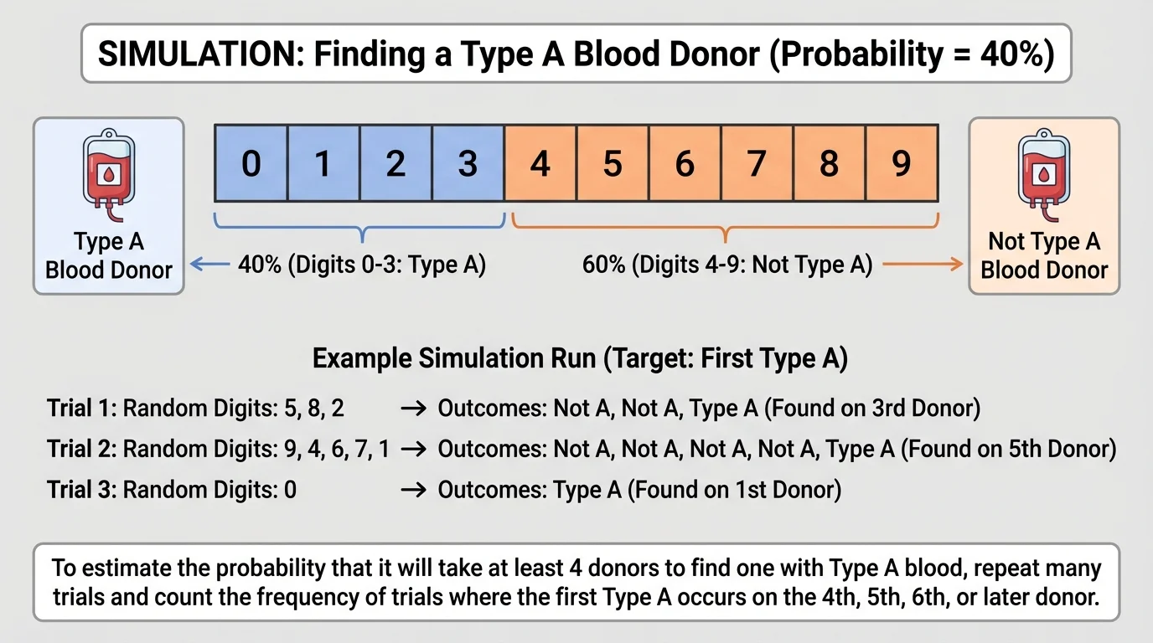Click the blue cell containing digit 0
[251, 163]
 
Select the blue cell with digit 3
[468, 163]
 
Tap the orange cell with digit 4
[540, 163]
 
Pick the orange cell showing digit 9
[901, 163]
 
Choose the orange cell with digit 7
[757, 163]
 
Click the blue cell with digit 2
[396, 163]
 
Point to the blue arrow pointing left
[209, 265]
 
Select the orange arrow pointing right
[923, 265]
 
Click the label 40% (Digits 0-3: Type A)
[362, 265]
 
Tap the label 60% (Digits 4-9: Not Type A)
[727, 265]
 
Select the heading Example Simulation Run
[580, 359]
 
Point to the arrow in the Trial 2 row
[412, 450]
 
